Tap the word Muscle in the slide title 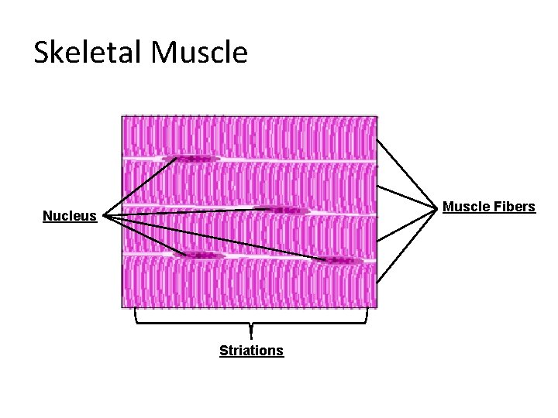200,53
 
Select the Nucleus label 70,216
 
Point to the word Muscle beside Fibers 463,207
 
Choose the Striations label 251,351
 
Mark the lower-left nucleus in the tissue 199,255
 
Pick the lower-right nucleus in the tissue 338,260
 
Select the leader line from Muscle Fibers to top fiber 404,173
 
